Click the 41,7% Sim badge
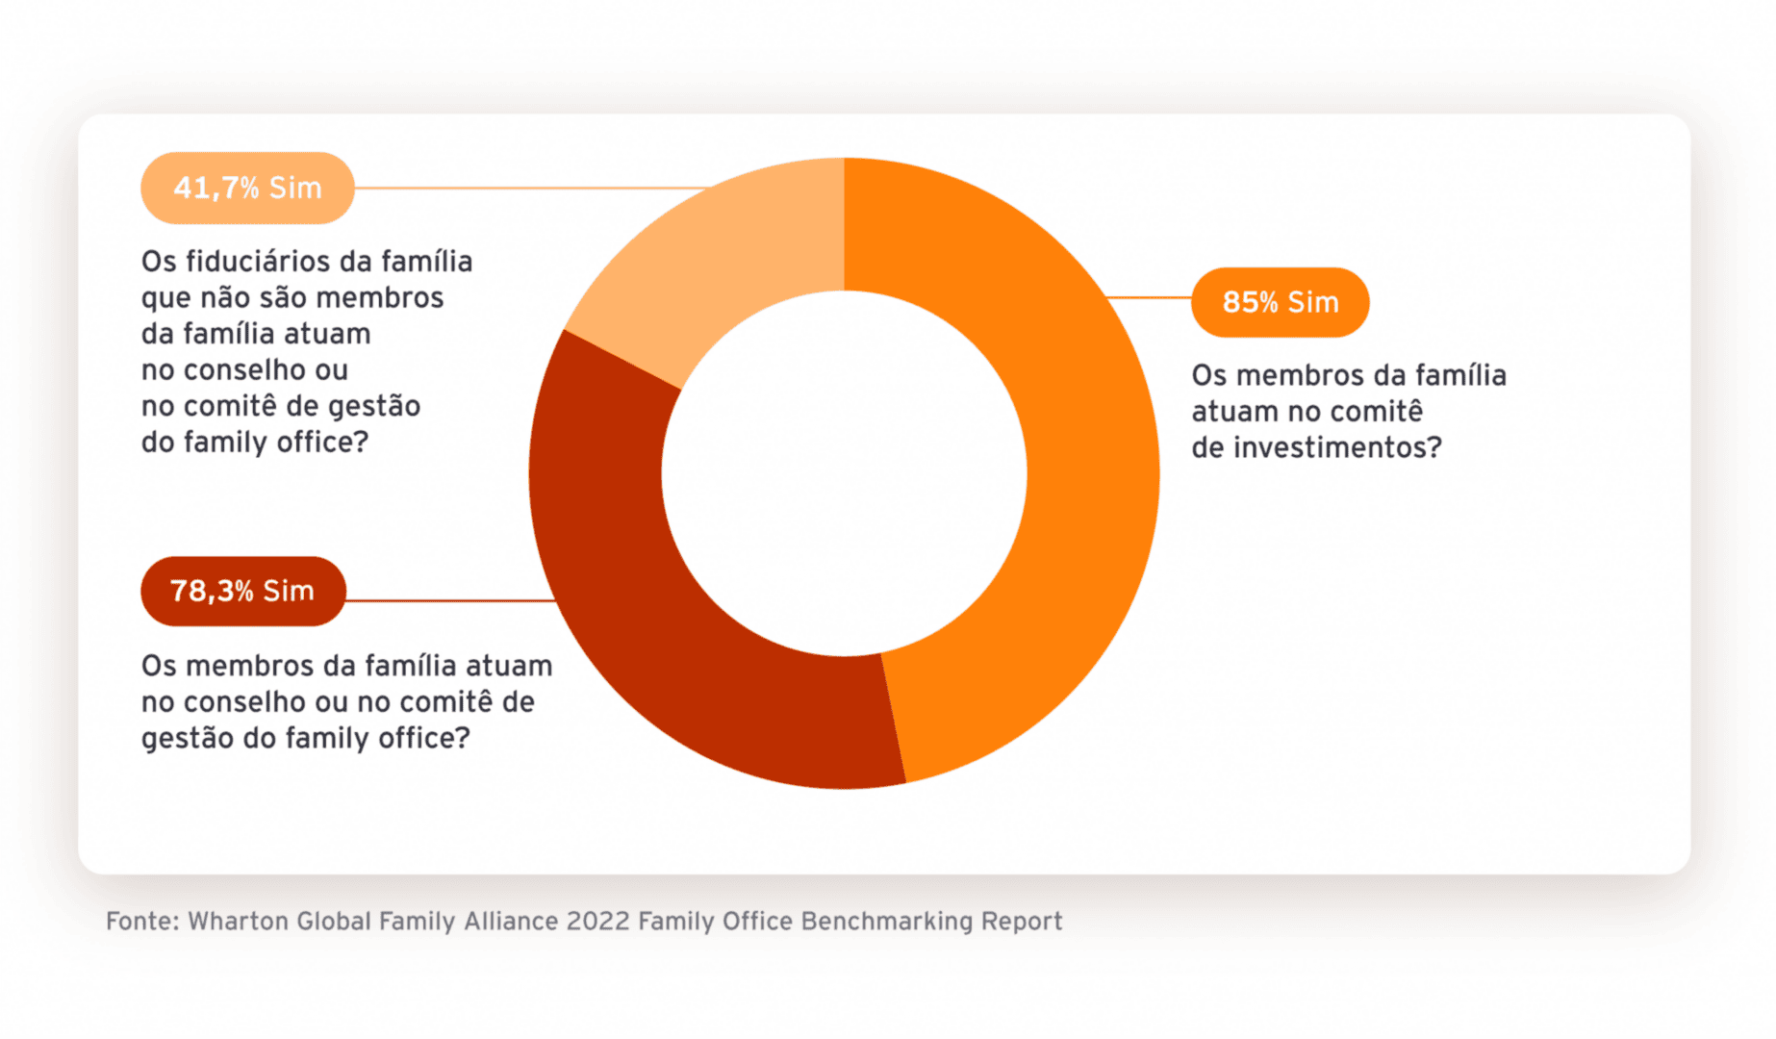coord(247,188)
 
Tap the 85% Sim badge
coord(1280,302)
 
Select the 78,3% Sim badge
coord(242,591)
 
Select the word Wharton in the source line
coord(238,922)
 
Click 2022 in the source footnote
coord(597,922)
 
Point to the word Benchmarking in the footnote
coord(886,922)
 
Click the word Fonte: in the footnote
coord(142,922)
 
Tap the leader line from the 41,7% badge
coord(529,188)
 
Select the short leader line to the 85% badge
coord(1150,298)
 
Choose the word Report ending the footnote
coord(1022,922)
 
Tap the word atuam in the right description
coord(1232,412)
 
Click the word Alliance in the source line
coord(511,922)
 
